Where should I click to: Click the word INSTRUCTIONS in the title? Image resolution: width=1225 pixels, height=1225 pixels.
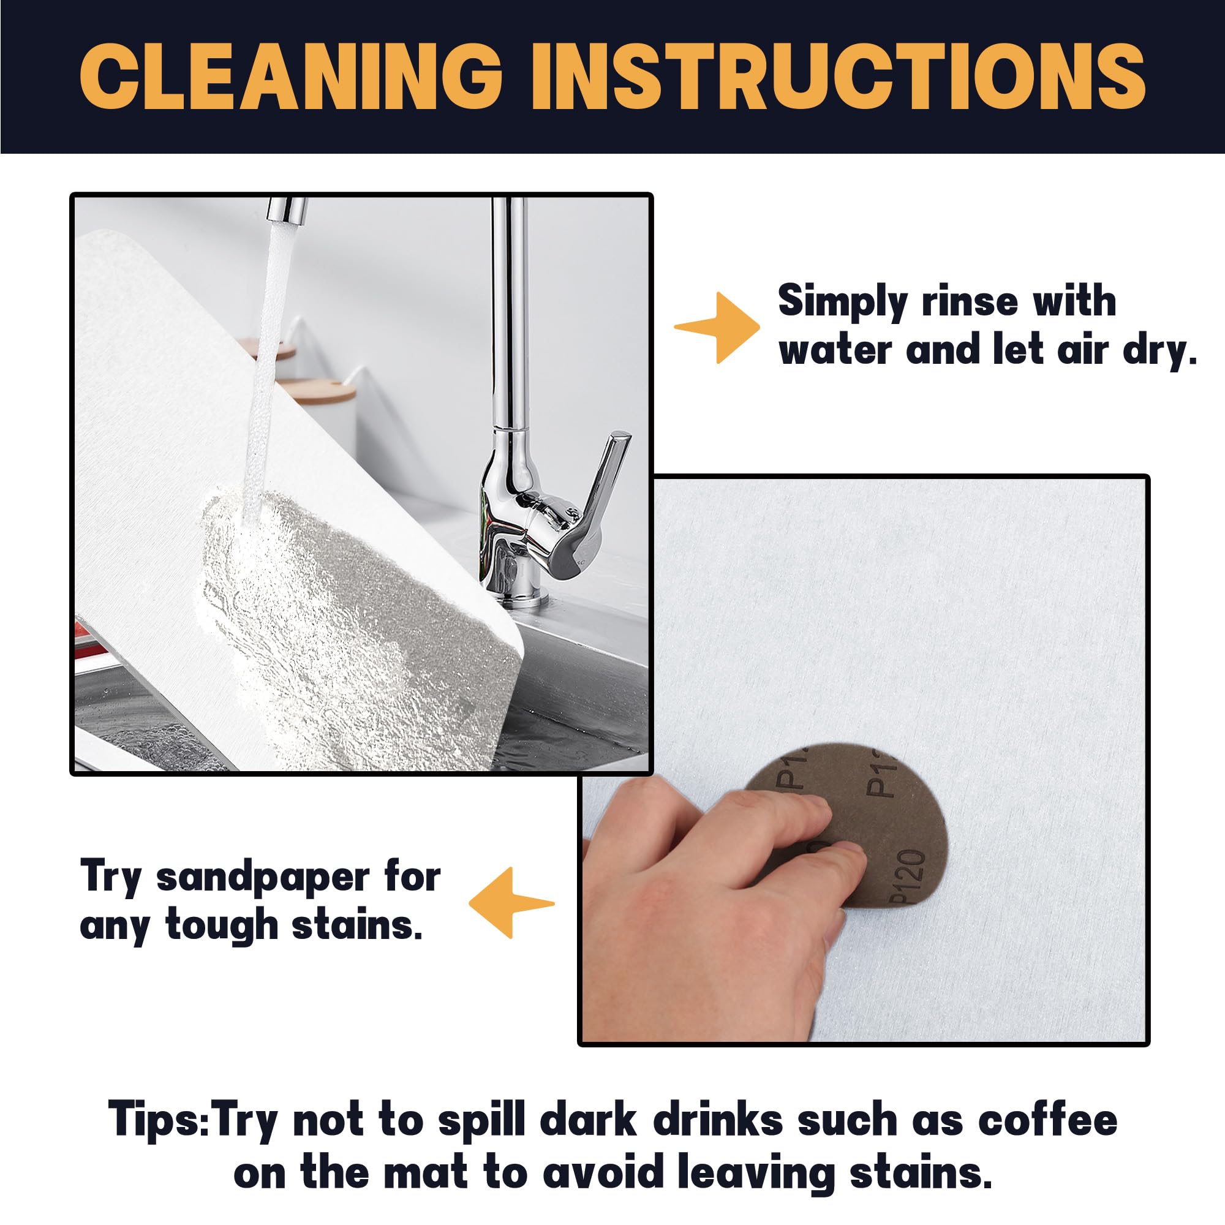(x=839, y=78)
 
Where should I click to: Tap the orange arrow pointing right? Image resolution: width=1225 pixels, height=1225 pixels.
(x=717, y=328)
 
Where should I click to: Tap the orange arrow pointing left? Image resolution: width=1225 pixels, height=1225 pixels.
(x=511, y=903)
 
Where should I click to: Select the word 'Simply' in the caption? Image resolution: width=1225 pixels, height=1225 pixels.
(x=843, y=302)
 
